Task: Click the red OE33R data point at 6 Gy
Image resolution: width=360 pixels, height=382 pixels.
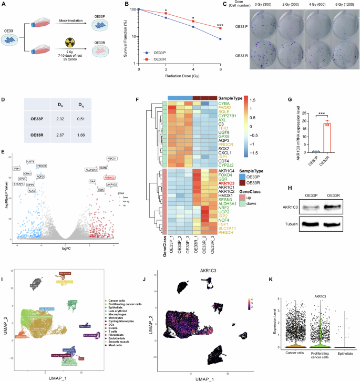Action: [x=220, y=28]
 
